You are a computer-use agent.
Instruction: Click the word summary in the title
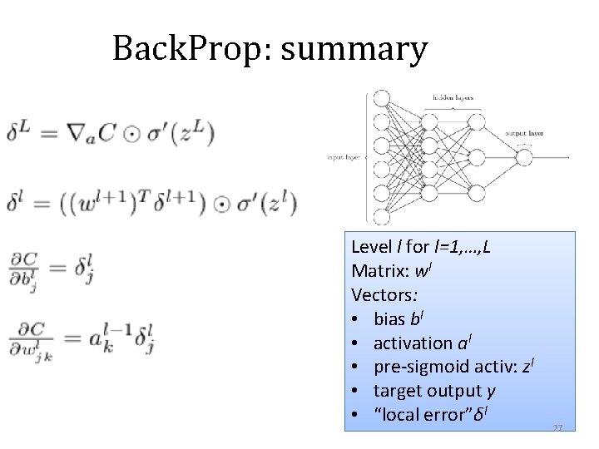click(x=354, y=49)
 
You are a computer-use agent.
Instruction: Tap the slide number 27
click(x=557, y=427)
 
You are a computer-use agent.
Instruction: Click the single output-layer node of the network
click(x=523, y=157)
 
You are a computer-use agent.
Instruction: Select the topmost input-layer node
click(x=382, y=98)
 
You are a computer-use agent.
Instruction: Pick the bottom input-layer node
click(x=382, y=218)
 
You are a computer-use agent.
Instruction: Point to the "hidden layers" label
click(x=453, y=97)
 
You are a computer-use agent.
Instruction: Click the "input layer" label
click(x=344, y=156)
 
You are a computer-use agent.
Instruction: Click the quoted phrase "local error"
click(x=420, y=413)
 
